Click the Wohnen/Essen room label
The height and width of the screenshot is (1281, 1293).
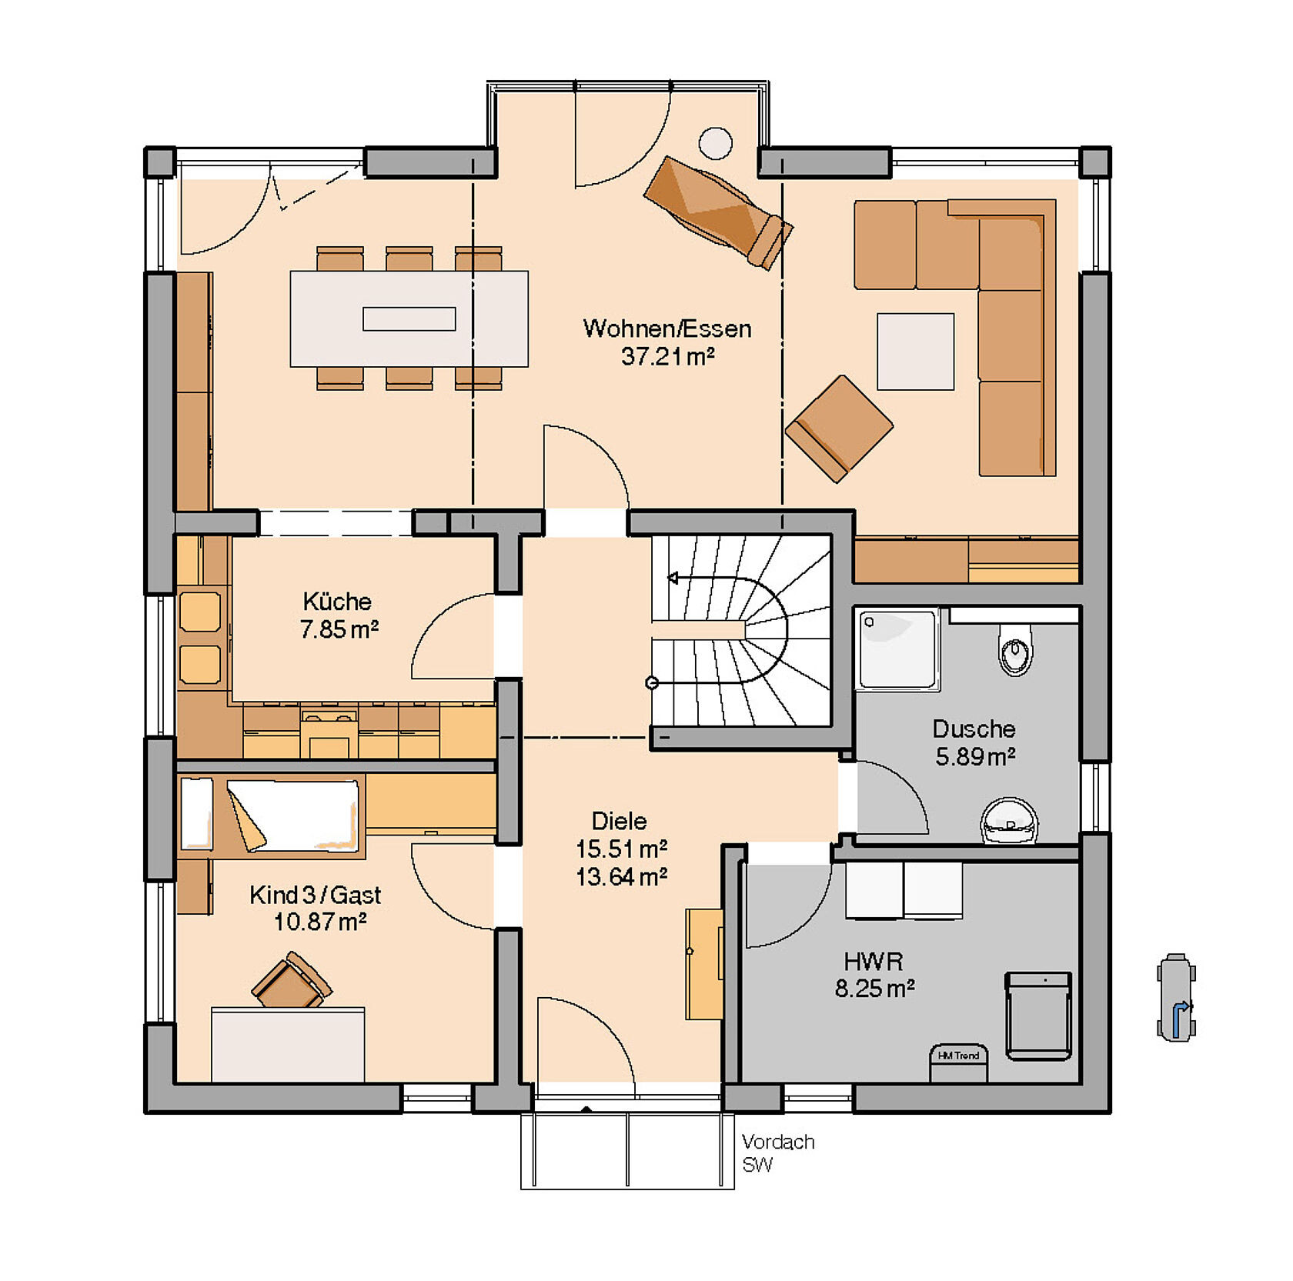click(x=667, y=329)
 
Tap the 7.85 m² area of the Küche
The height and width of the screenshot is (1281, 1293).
click(x=339, y=629)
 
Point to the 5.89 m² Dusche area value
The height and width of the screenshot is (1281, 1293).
click(x=975, y=757)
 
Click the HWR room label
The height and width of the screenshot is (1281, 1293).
click(x=874, y=961)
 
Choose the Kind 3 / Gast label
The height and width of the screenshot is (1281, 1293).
click(x=316, y=895)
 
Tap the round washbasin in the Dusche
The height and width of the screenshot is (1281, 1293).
click(x=1009, y=821)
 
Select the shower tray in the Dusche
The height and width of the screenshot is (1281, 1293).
click(x=898, y=649)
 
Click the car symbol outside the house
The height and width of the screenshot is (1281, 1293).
click(x=1176, y=998)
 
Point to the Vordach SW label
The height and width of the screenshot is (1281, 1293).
click(x=777, y=1153)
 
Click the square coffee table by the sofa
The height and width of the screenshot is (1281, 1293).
click(x=915, y=352)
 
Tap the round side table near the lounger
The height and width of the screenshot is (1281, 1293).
click(x=715, y=143)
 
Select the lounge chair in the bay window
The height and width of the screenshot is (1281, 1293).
click(x=718, y=212)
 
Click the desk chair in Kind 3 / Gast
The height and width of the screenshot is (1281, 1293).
click(x=292, y=980)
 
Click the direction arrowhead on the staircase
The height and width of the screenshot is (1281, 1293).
click(x=673, y=578)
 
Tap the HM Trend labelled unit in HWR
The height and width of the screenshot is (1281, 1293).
click(x=958, y=1062)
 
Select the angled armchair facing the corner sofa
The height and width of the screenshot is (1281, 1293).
click(x=839, y=429)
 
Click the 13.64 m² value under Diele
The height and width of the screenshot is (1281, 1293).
click(x=621, y=876)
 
